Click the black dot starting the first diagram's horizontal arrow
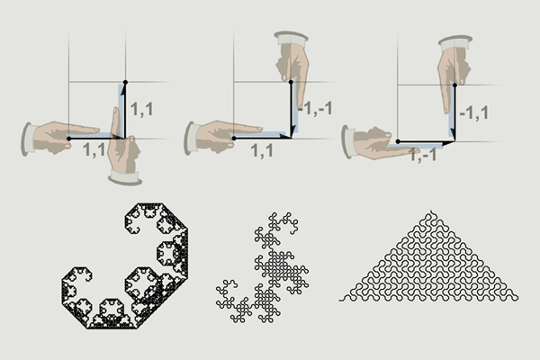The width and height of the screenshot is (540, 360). tap(69, 139)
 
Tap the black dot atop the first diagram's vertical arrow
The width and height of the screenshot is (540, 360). tap(125, 82)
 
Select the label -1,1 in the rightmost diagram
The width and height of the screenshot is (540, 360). tap(474, 113)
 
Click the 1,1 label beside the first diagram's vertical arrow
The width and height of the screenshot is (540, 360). tap(142, 110)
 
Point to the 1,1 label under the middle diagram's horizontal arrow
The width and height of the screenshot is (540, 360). tap(262, 151)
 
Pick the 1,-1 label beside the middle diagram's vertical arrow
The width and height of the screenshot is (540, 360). tap(315, 109)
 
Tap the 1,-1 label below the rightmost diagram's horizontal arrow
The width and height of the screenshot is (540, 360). tap(423, 155)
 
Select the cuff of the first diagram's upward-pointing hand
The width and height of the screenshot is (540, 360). tap(125, 178)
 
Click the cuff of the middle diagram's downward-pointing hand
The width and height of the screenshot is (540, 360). tap(291, 38)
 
